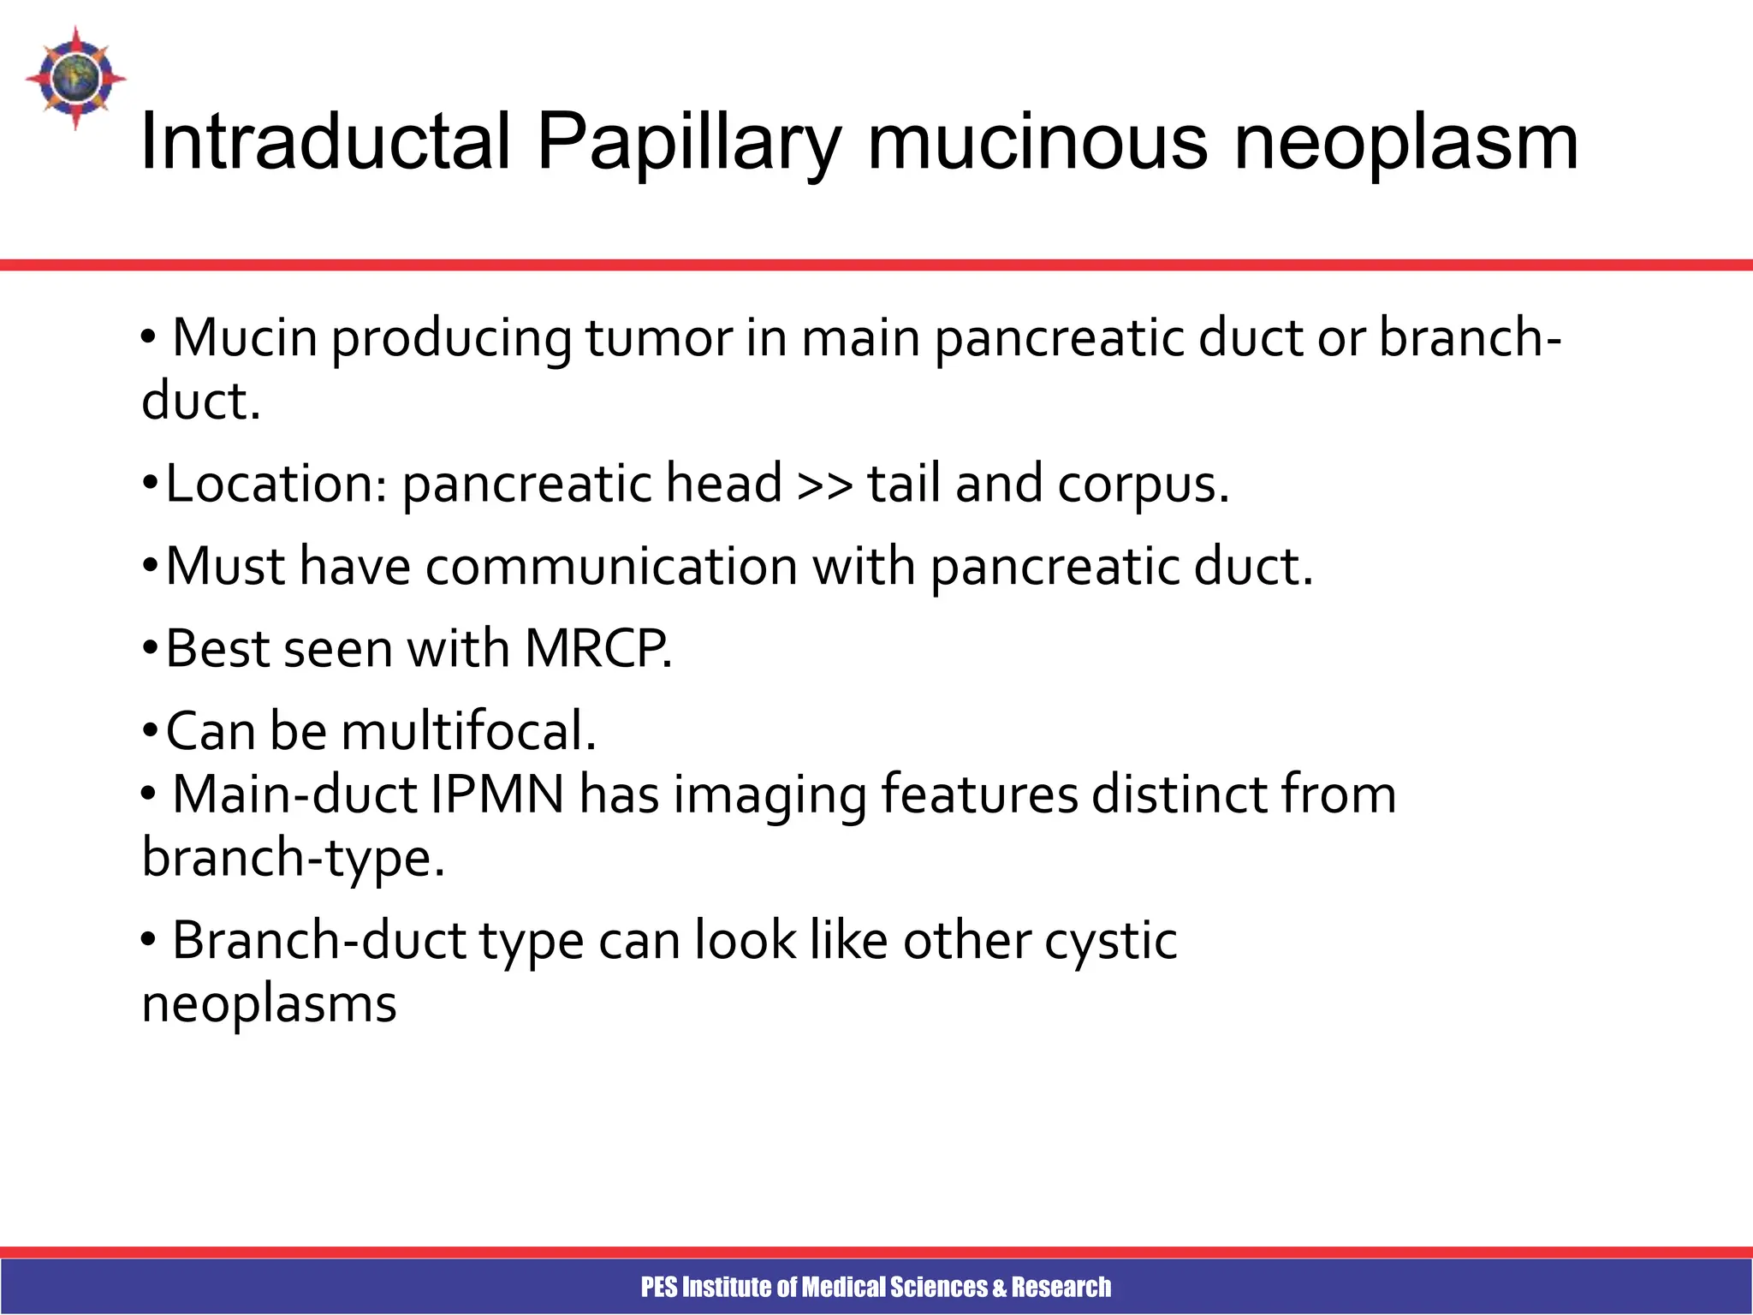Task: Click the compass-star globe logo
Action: click(x=75, y=78)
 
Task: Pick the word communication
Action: click(x=611, y=567)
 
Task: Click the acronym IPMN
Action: click(x=497, y=794)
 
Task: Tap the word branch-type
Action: click(x=293, y=859)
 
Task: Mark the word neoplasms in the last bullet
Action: click(x=269, y=1004)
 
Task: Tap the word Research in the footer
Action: click(x=1061, y=1287)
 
